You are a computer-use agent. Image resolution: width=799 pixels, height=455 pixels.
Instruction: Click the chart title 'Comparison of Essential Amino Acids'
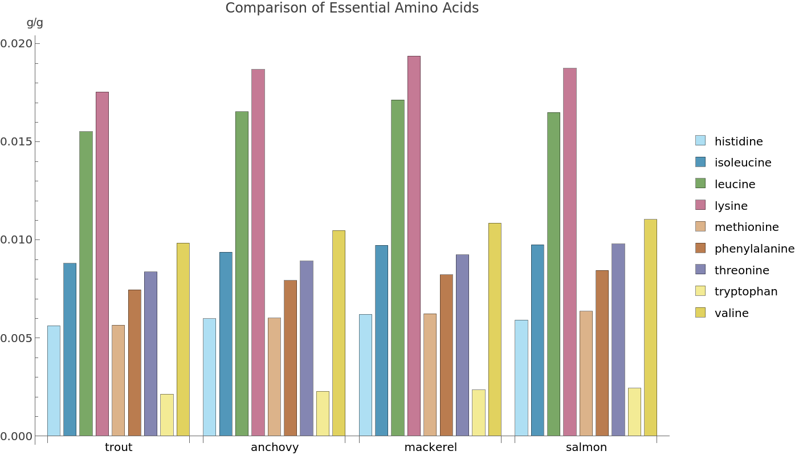(352, 9)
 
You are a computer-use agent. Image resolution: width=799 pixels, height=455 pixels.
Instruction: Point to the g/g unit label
(35, 23)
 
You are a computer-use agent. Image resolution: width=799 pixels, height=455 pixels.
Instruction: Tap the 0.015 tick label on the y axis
(16, 141)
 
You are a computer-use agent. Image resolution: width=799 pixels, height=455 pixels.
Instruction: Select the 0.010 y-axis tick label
(16, 239)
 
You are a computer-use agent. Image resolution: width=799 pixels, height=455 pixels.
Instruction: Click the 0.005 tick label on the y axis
(16, 338)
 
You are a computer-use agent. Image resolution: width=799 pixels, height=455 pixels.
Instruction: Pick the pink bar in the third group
(414, 245)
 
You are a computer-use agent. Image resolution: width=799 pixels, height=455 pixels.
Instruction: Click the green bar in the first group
(86, 283)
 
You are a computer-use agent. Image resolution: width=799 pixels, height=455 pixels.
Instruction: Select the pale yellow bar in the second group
(323, 413)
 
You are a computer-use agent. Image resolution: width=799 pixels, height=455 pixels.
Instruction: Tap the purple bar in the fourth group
(618, 340)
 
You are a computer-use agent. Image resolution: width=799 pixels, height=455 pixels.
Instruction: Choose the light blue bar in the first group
(54, 380)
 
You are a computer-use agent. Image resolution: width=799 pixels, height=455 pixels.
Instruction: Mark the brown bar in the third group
(446, 355)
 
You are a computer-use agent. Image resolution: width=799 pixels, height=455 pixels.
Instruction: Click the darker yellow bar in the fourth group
(650, 327)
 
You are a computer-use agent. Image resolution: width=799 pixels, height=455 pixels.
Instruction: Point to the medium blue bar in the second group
(226, 344)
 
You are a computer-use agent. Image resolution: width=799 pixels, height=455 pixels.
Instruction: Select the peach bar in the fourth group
(586, 373)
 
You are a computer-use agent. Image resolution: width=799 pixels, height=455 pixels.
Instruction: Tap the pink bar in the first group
(102, 263)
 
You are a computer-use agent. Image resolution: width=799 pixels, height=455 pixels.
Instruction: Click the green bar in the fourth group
(554, 274)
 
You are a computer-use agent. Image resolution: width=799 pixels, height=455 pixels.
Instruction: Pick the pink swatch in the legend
(700, 205)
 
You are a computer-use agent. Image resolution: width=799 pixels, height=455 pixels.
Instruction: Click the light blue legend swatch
(700, 140)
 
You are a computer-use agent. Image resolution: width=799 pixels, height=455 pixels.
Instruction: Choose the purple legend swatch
(700, 269)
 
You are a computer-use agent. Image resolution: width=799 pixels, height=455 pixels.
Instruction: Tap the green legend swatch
(700, 183)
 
